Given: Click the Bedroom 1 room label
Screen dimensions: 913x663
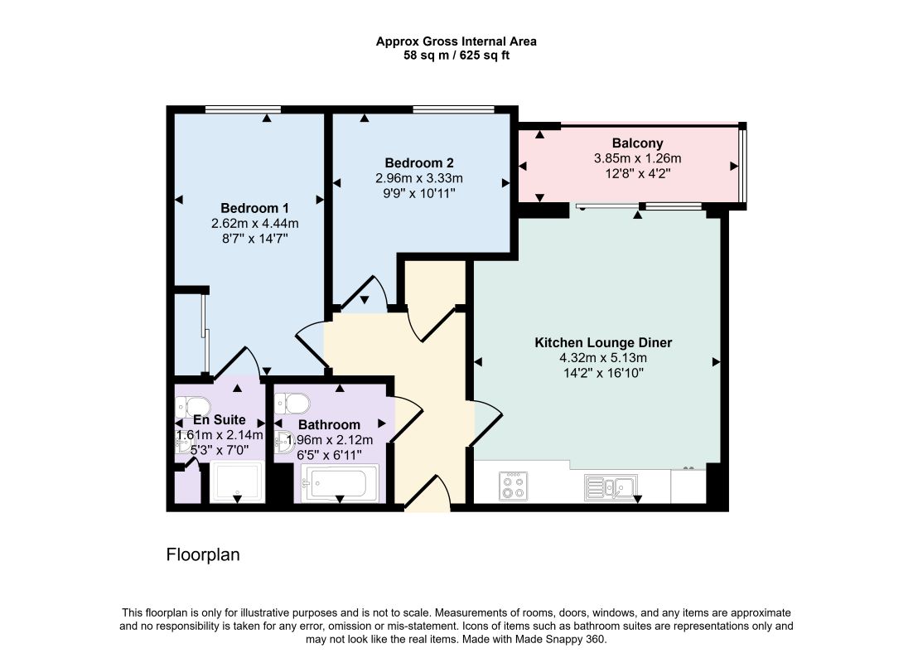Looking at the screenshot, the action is click(x=254, y=208).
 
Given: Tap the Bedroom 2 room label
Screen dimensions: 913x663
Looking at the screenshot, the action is click(x=419, y=163).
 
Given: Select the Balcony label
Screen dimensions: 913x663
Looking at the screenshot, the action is click(x=638, y=143).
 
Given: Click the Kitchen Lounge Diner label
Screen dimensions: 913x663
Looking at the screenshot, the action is click(x=603, y=342).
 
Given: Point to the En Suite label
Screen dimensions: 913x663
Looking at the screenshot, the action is click(x=219, y=419).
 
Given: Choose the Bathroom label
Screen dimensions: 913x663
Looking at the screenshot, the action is click(x=329, y=424).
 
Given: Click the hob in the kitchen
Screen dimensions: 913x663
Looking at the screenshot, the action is click(x=513, y=486).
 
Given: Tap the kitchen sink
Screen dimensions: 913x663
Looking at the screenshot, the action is click(x=611, y=487).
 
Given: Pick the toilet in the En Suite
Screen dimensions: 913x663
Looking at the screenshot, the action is click(x=193, y=406).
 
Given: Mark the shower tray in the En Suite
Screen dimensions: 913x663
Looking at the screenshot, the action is click(x=237, y=482).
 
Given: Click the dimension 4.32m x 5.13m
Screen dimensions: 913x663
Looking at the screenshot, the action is click(x=603, y=358).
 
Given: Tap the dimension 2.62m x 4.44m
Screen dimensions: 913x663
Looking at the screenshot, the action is click(x=255, y=223).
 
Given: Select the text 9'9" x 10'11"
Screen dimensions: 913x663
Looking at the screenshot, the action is click(x=419, y=193).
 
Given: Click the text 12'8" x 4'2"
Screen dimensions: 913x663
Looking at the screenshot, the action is click(x=638, y=173).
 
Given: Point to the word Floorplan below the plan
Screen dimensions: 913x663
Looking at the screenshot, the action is click(x=203, y=554).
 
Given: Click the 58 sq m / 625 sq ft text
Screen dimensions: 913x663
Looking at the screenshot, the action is click(x=456, y=56).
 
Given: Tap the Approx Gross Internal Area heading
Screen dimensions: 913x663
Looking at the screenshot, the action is click(x=456, y=41).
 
